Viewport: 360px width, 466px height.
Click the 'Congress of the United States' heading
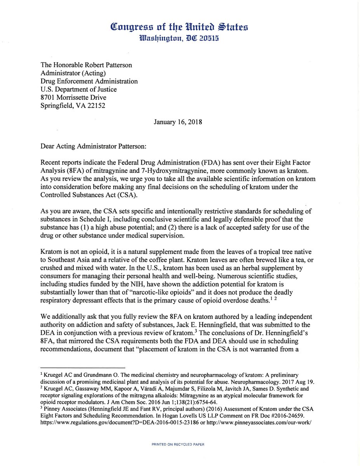coord(179,27)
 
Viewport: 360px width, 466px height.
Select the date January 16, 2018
coord(177,121)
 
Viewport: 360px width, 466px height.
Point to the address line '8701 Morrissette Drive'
coord(73,97)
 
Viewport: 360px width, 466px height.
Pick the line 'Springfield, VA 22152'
coord(73,106)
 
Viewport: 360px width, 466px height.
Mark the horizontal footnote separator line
coord(83,367)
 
